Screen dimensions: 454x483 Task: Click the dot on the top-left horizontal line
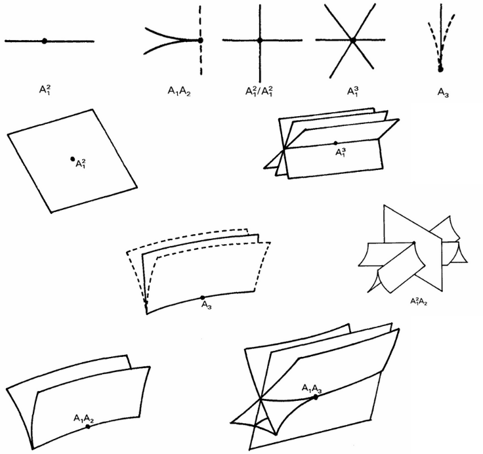[x=44, y=41]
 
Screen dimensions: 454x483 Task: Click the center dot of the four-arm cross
[x=260, y=41]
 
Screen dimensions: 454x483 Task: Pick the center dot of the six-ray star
[x=352, y=41]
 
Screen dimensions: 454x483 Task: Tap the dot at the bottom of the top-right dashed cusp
[x=440, y=68]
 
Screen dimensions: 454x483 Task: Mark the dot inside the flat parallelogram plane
[x=72, y=159]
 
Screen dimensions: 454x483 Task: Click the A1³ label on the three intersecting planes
[x=341, y=152]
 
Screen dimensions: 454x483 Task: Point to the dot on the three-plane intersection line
[x=335, y=142]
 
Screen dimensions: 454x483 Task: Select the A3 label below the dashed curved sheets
[x=206, y=306]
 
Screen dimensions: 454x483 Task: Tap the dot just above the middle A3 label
[x=202, y=298]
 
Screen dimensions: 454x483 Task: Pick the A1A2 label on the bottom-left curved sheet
[x=84, y=418]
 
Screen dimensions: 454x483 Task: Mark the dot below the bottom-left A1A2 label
[x=88, y=426]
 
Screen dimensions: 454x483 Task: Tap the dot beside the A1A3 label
[x=316, y=397]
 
